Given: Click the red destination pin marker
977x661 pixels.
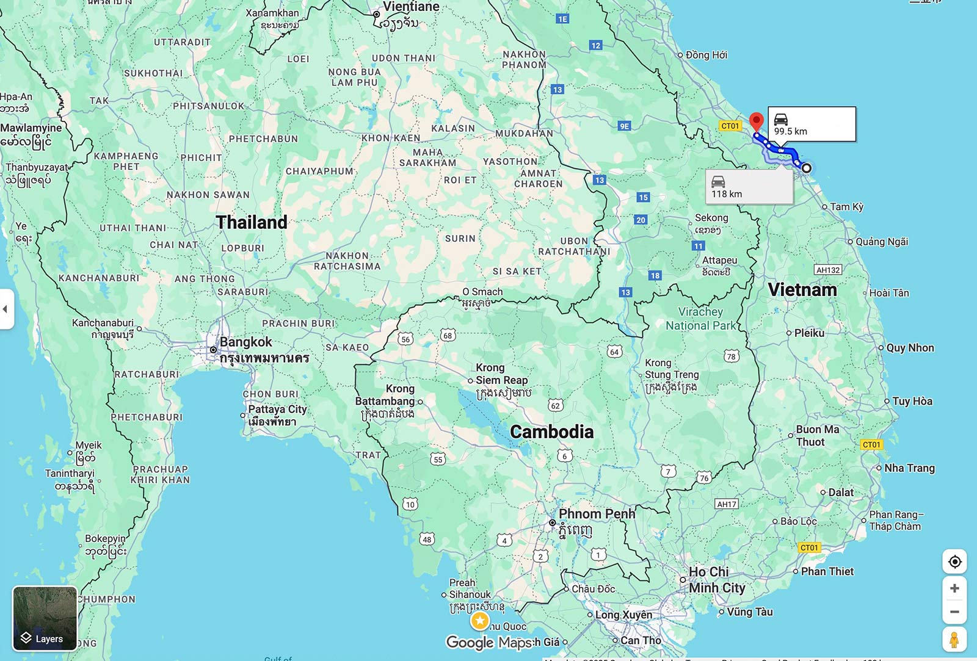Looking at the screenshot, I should coord(757,121).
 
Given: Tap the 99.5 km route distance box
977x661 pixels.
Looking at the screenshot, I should coord(812,125).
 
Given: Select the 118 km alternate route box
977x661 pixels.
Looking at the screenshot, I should coord(749,187).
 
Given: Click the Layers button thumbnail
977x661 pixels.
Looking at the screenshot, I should coord(45,618).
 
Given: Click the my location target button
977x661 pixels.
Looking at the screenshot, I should coord(954,562).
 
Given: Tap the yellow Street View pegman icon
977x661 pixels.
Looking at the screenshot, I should coord(954,640).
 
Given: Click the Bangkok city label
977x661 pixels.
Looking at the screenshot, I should coord(245,342).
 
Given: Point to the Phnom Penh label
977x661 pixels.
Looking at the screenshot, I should coord(597,514).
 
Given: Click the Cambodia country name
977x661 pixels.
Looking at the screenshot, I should coord(551,432).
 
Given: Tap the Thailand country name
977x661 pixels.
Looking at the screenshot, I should coord(251,222).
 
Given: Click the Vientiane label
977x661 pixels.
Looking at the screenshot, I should coord(410,7).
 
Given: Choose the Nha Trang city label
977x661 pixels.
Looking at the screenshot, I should coord(909,468).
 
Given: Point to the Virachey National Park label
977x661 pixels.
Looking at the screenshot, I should coord(700,319).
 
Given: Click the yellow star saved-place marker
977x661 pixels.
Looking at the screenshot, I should coord(480,621).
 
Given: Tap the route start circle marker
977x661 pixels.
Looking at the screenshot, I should coord(806,168).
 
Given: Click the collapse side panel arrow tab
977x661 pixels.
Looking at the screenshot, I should coord(5,309).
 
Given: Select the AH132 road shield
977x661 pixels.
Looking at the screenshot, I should coord(828,270).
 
